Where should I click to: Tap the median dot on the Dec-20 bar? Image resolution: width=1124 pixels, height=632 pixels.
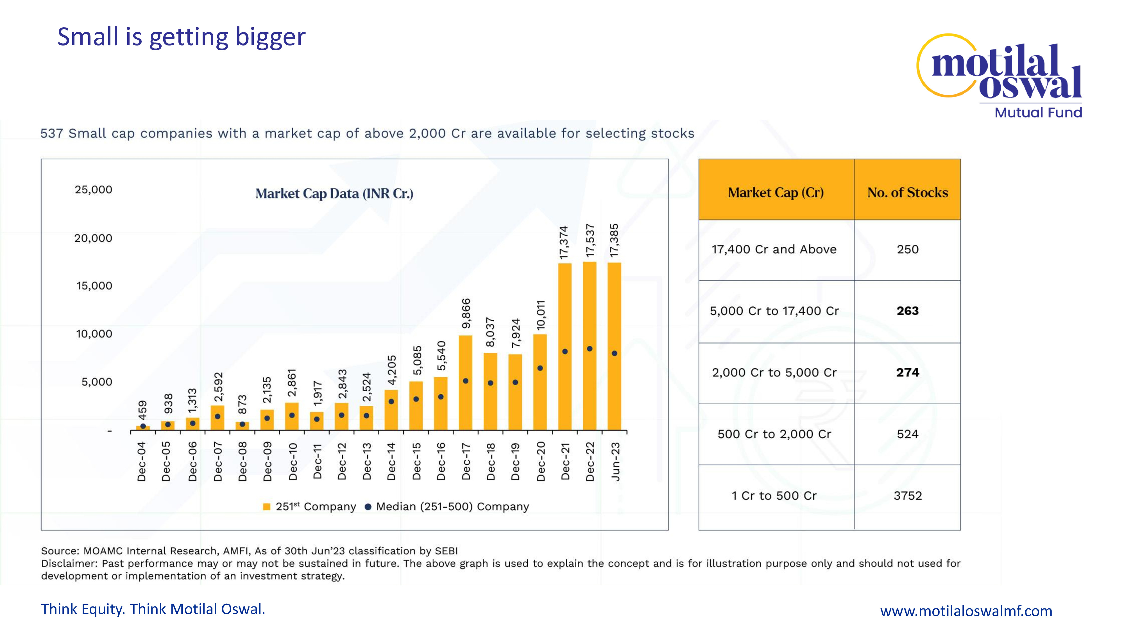540,368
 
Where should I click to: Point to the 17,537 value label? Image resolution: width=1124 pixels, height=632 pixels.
590,240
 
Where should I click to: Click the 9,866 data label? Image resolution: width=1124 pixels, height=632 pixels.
466,313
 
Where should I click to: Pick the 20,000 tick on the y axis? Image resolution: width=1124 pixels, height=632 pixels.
93,238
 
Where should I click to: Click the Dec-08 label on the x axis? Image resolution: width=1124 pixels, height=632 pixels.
243,462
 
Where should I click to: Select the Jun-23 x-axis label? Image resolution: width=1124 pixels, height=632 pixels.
615,462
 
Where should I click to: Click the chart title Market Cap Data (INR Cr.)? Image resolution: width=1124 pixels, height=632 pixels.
334,194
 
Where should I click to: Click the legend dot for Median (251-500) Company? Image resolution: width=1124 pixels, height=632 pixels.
368,506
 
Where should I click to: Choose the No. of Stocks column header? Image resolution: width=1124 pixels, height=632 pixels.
908,192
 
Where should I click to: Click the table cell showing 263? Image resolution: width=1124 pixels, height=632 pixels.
908,311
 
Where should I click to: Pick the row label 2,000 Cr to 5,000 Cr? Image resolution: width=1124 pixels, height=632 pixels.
774,372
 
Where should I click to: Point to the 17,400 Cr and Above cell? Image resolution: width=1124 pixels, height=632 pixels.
774,249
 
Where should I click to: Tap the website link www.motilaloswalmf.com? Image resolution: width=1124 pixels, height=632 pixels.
966,611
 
